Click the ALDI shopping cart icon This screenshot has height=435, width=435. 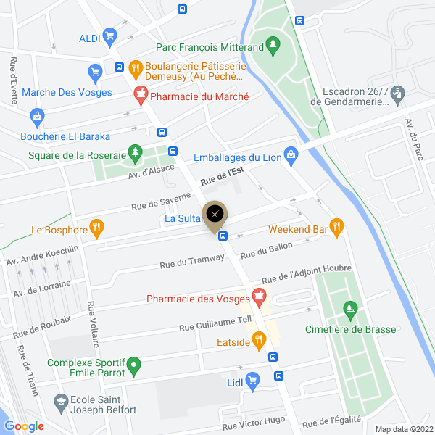point(109,35)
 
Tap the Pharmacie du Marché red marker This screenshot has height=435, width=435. point(141,94)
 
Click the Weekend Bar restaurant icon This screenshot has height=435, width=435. point(336,227)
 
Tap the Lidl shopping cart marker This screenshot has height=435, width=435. point(252,380)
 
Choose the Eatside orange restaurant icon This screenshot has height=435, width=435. point(257,339)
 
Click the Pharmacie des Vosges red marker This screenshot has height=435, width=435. point(257,296)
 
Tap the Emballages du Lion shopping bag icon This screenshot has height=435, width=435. point(291,154)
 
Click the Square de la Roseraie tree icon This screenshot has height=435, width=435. point(134,152)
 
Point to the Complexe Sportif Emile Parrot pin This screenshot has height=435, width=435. point(134,362)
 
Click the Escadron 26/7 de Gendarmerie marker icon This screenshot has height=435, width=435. point(398,94)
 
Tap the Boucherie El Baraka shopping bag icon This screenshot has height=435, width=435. point(37,115)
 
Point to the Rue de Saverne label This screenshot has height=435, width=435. point(161,201)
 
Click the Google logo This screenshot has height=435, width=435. point(24,427)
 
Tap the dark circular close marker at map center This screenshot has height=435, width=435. point(215,214)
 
